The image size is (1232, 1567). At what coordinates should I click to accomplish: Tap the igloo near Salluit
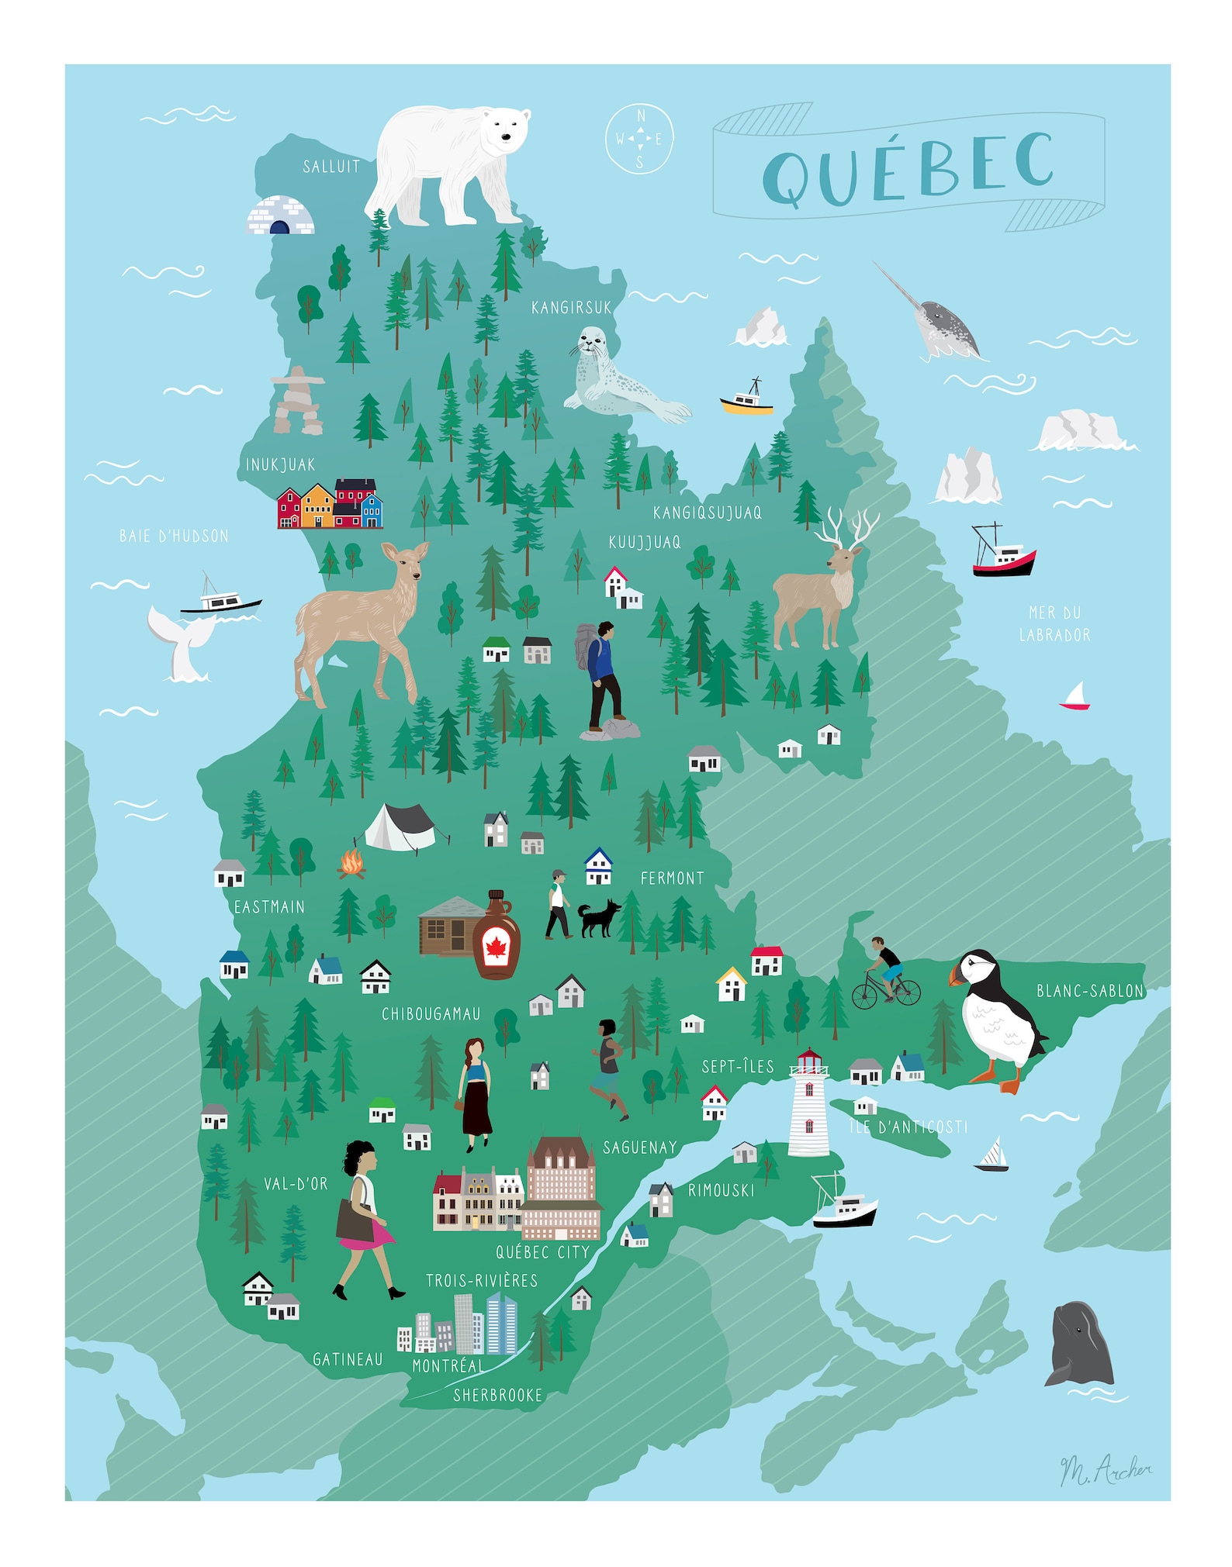280,216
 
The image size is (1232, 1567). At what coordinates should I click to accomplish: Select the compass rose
639,140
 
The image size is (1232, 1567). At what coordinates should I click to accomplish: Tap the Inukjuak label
280,464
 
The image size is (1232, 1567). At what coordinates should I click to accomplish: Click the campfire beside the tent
351,864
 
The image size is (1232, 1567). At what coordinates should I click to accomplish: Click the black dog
599,918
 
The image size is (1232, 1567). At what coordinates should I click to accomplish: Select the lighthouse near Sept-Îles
808,1103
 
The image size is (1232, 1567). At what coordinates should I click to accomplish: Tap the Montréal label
448,1366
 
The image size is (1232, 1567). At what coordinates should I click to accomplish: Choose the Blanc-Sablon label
1090,991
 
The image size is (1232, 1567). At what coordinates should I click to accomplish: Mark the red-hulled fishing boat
1003,553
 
